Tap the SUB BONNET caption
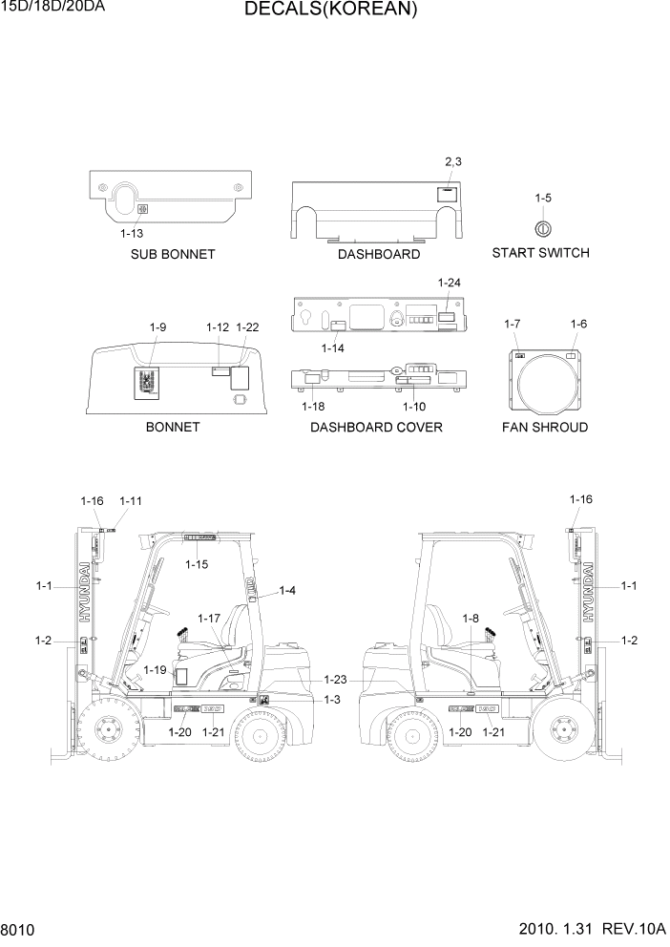173,255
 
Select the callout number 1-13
132,233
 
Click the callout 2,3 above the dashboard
453,161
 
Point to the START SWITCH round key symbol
541,228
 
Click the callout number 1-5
542,198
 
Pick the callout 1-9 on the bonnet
158,327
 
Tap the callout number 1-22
247,327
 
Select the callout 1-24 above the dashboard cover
449,283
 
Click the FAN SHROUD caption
545,427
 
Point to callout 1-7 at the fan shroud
513,325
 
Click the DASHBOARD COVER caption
376,427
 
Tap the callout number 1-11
131,500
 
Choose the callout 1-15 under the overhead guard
197,565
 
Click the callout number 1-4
286,591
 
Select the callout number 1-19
155,669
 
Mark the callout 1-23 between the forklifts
334,680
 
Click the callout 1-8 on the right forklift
471,619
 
